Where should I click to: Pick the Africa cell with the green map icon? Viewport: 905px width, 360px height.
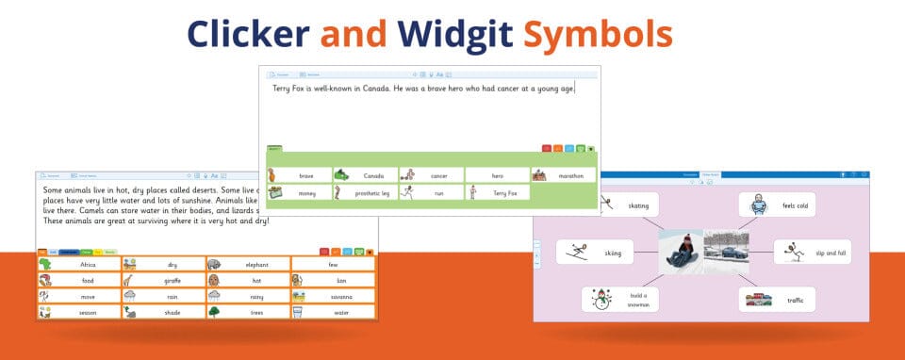tap(78, 265)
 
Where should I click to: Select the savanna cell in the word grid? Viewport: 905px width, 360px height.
tap(333, 296)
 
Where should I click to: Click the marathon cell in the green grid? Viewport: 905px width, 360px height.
tap(563, 175)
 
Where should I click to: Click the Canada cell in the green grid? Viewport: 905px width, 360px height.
tap(365, 175)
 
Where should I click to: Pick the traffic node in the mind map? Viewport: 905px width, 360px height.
tap(777, 300)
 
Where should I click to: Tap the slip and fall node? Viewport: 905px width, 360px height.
tap(805, 252)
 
